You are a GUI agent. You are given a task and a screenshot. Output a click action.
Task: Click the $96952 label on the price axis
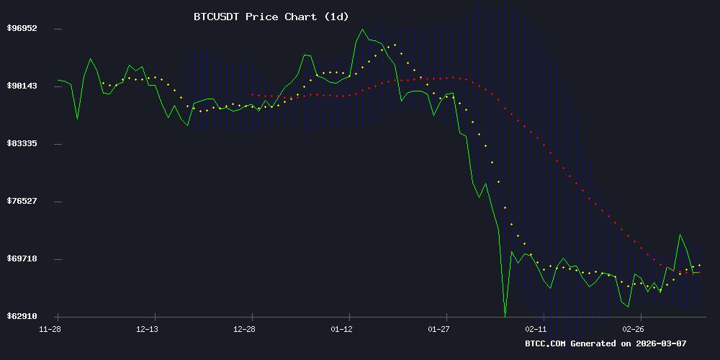pyautogui.click(x=22, y=28)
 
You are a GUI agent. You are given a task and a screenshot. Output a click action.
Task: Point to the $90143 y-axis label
pyautogui.click(x=22, y=86)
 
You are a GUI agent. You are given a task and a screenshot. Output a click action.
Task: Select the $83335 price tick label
pyautogui.click(x=22, y=143)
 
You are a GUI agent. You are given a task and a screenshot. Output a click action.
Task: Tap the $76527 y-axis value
pyautogui.click(x=22, y=201)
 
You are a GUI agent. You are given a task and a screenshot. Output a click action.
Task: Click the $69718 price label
pyautogui.click(x=22, y=258)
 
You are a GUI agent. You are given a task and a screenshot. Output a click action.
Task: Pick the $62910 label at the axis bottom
pyautogui.click(x=22, y=316)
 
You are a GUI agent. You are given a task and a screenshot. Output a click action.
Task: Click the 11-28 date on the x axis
pyautogui.click(x=50, y=329)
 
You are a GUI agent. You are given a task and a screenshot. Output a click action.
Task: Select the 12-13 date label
pyautogui.click(x=147, y=329)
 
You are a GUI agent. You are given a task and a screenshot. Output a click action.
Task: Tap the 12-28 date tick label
pyautogui.click(x=245, y=329)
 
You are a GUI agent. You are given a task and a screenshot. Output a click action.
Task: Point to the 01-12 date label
pyautogui.click(x=342, y=329)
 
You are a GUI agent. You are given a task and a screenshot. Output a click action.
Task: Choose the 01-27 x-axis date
pyautogui.click(x=439, y=329)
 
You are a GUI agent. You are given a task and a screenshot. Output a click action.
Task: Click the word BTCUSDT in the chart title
pyautogui.click(x=217, y=16)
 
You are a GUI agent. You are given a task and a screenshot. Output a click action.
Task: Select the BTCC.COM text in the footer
pyautogui.click(x=546, y=343)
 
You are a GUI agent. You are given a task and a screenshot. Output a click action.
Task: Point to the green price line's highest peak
pyautogui.click(x=362, y=30)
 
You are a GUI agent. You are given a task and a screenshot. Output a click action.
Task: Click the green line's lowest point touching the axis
pyautogui.click(x=505, y=315)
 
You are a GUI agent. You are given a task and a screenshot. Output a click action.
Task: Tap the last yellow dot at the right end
pyautogui.click(x=699, y=266)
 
